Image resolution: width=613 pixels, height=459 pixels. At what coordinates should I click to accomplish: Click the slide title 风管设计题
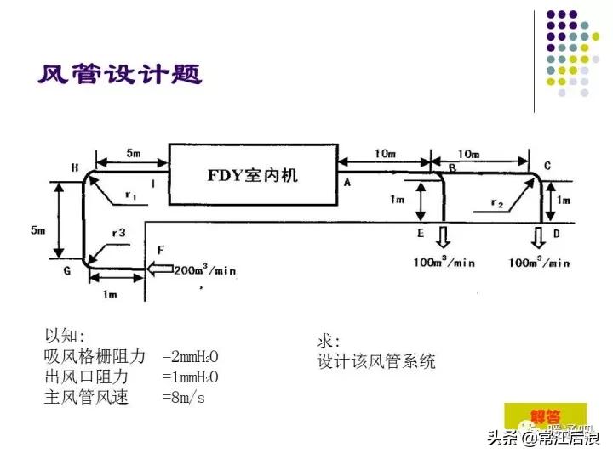(x=119, y=76)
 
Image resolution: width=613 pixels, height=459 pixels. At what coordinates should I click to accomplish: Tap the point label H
(x=75, y=168)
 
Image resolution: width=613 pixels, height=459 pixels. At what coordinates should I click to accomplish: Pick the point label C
(x=547, y=166)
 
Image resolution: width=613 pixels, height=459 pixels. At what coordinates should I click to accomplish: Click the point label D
(x=557, y=233)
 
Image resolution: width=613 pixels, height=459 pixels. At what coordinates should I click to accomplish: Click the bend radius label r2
(x=499, y=204)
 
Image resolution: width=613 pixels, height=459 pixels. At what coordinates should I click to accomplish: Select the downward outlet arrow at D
(x=539, y=235)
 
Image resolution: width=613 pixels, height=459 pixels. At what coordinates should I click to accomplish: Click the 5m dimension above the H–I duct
(x=133, y=154)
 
